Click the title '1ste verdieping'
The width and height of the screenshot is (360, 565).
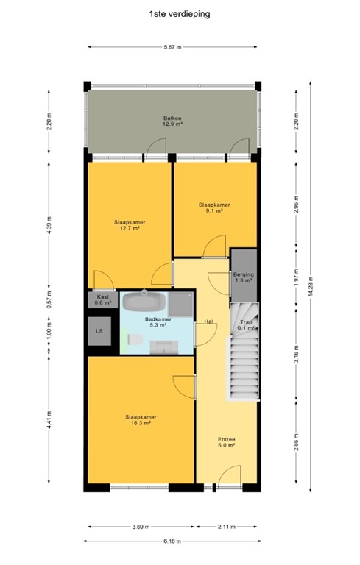click(x=179, y=13)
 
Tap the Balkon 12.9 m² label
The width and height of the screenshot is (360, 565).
click(x=172, y=121)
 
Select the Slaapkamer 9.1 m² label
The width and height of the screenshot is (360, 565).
click(x=214, y=207)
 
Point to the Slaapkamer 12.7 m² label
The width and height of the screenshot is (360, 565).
click(x=129, y=224)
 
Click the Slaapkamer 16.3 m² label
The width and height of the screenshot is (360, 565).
click(x=139, y=420)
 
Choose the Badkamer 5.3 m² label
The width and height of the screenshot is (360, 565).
click(x=158, y=321)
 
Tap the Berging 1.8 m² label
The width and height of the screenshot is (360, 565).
click(x=244, y=277)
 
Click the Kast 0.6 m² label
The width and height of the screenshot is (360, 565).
click(x=102, y=299)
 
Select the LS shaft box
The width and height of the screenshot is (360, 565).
click(x=99, y=331)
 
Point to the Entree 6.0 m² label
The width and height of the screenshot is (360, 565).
click(x=226, y=441)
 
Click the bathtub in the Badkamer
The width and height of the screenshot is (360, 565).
click(x=145, y=302)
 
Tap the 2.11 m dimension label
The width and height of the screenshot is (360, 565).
click(x=227, y=526)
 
